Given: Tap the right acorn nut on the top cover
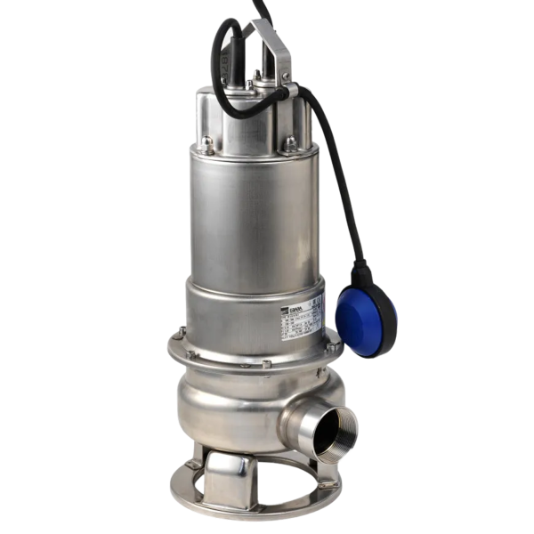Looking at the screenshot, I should click(289, 142).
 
